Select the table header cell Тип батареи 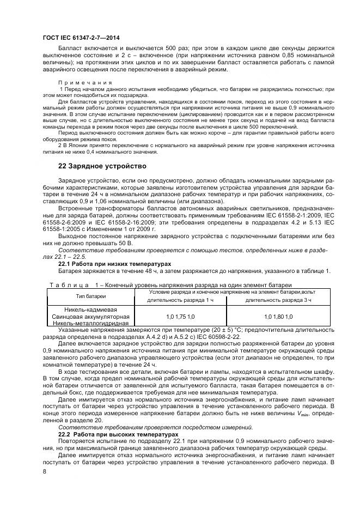click(90, 296)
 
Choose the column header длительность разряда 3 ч click(278, 300)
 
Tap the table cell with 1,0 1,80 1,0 click(278, 316)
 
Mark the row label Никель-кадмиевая click(90, 309)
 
